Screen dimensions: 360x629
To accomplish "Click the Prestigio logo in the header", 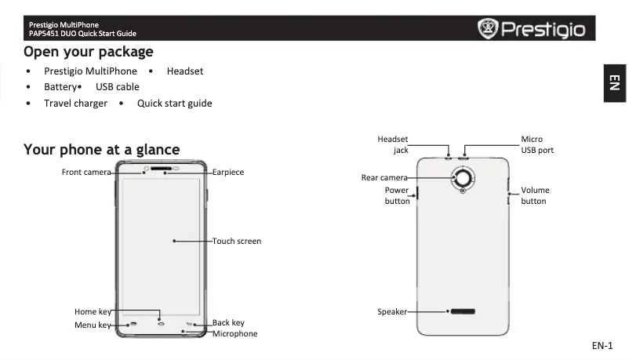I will click(532, 29).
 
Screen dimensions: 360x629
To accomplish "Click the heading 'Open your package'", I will click(88, 52).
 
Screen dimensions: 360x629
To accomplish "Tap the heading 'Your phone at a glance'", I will click(101, 149).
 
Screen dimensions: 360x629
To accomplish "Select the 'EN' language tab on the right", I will click(616, 82).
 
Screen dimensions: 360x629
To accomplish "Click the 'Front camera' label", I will click(86, 172).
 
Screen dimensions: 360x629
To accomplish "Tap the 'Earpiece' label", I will click(228, 172).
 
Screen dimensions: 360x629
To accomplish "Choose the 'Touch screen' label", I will click(237, 241).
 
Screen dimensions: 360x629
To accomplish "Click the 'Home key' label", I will click(93, 312).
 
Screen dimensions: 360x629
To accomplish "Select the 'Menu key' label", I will click(93, 325).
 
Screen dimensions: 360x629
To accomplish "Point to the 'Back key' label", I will click(228, 322).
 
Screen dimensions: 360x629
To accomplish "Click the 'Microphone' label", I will click(235, 333).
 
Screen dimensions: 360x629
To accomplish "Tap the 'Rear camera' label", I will click(384, 177).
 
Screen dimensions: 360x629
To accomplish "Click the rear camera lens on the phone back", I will click(463, 178).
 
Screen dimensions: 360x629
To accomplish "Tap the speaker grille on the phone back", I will click(462, 311).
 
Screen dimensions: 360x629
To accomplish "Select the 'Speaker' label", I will click(392, 311).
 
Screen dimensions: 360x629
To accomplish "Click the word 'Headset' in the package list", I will click(185, 71).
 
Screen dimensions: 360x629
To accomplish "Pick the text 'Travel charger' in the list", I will click(75, 104).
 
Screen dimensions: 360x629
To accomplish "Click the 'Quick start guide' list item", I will click(174, 104).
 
